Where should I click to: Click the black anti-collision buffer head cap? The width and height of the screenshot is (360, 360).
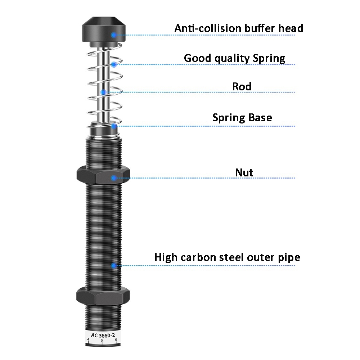coord(103,31)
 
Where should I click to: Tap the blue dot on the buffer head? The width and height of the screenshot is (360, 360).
coord(114,35)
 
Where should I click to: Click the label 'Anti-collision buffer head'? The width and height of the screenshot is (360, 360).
coord(239,28)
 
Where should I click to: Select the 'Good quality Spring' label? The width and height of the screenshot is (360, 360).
coord(234,58)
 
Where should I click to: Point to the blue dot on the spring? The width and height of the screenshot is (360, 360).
coord(114,65)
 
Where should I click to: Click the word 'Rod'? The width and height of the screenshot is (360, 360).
coord(242,86)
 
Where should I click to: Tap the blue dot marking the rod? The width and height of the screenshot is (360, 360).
coord(103,92)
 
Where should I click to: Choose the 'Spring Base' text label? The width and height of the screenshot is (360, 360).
coord(242,118)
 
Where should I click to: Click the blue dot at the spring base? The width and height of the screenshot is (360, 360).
coord(114,126)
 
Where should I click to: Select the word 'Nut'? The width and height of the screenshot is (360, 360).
coord(244,172)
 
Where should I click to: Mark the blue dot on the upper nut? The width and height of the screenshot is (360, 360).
coord(114,177)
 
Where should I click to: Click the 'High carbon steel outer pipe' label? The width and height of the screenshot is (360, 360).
coord(227,257)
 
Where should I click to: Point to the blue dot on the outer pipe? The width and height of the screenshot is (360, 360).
coord(114,266)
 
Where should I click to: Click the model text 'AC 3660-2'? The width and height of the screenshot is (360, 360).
coord(103,335)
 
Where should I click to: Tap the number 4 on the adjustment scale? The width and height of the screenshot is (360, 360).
coord(88,339)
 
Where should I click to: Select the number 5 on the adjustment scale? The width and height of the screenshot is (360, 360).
coord(102,341)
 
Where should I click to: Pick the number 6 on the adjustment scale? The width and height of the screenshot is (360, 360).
coord(116,339)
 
